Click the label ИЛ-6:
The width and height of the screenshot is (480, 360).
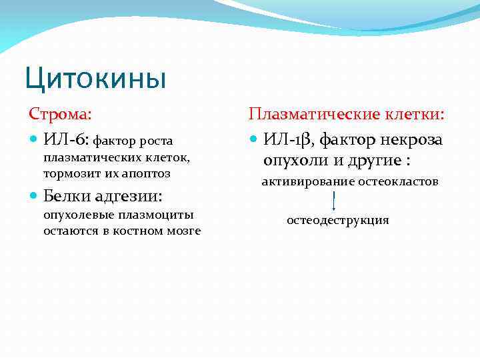(66, 140)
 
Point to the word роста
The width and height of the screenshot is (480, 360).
(155, 141)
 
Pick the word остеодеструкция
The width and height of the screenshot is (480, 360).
(337, 220)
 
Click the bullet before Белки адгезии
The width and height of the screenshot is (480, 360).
(35, 197)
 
